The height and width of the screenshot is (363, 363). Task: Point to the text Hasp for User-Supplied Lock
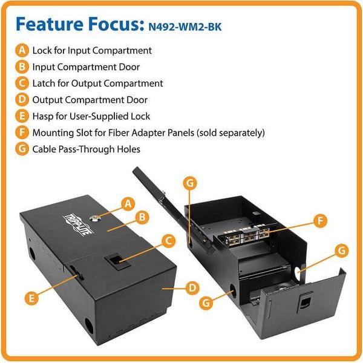[91, 116]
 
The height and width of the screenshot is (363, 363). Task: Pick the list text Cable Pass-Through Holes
[86, 148]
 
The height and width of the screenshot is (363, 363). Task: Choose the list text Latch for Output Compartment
[97, 83]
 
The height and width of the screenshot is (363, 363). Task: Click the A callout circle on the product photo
[127, 203]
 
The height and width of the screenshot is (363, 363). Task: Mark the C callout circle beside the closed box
[168, 241]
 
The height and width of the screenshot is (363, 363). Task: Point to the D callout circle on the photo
[191, 287]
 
